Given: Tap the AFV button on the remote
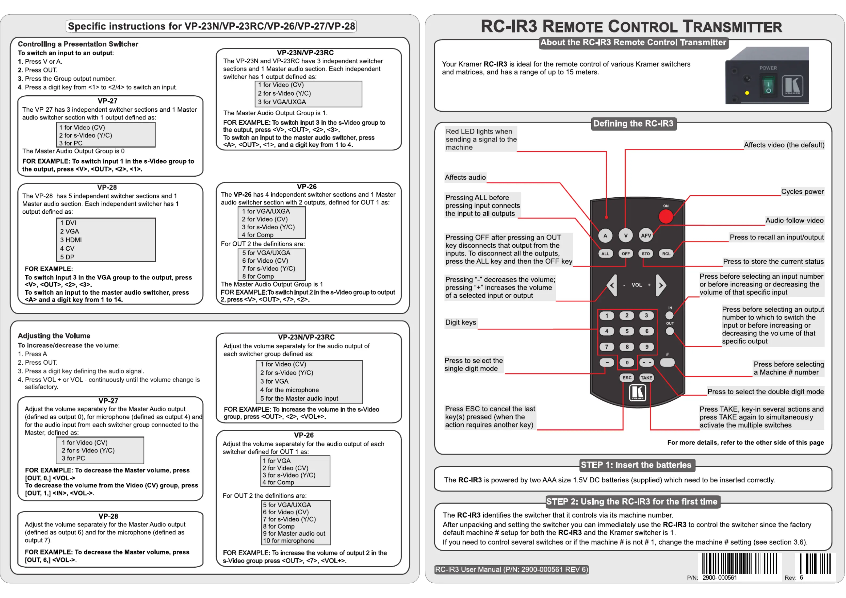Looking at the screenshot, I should tap(646, 235).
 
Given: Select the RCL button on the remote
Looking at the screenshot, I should tap(666, 254).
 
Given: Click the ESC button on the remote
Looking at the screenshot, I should tap(627, 378).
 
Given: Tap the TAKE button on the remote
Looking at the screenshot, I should tap(646, 378).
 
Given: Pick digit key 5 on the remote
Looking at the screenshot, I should tap(626, 331).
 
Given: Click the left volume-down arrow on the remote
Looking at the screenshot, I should tap(612, 285).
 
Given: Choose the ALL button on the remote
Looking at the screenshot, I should tap(605, 254).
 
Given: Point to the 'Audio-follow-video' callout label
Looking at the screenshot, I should tap(794, 220).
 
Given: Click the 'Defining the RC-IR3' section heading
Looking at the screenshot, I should tap(633, 123).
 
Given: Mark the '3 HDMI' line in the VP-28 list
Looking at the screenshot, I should tap(71, 240).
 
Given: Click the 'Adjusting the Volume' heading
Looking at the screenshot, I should tap(54, 336).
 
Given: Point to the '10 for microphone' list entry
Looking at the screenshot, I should tap(289, 540).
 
